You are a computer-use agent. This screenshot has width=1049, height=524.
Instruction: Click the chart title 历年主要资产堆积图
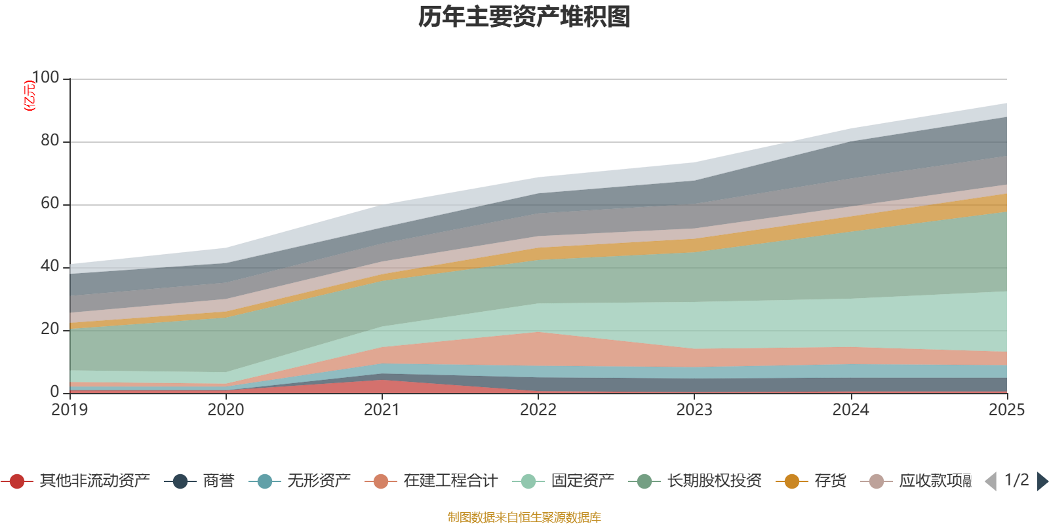(x=524, y=17)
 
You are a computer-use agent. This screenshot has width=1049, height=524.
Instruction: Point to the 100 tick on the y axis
(x=45, y=78)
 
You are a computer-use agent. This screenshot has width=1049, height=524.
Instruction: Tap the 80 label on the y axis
(x=50, y=141)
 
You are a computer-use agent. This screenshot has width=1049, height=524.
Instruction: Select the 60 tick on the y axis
(x=50, y=204)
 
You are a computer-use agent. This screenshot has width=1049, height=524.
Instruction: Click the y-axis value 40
(x=50, y=267)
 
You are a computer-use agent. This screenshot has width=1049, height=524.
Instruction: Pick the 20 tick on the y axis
(x=50, y=329)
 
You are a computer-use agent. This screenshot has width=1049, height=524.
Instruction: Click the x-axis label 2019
(x=69, y=410)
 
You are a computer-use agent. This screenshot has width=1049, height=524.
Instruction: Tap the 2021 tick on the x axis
(x=382, y=410)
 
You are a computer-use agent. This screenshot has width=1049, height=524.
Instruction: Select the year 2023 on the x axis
(x=694, y=410)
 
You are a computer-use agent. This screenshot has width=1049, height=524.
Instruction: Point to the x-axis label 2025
(x=1006, y=410)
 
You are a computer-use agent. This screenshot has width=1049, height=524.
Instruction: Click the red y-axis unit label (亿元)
(x=30, y=96)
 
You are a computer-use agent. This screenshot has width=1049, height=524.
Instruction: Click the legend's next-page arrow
(x=1042, y=481)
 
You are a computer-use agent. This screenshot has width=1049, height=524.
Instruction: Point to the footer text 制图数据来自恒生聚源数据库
(x=524, y=517)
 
